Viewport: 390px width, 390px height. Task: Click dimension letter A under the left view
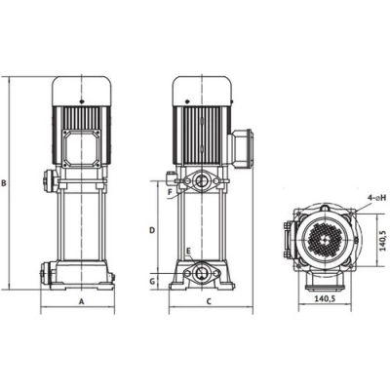click(82, 301)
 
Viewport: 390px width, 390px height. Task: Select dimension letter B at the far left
click(4, 183)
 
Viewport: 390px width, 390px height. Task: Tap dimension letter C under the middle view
click(210, 301)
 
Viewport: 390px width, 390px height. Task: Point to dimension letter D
click(152, 230)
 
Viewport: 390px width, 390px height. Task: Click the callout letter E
click(188, 251)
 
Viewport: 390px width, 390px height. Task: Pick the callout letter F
click(170, 192)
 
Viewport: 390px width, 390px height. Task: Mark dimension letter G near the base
click(152, 282)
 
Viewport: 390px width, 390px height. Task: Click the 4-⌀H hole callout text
click(377, 198)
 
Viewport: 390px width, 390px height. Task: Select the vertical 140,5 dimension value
click(382, 241)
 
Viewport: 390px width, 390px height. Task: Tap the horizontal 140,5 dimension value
click(325, 298)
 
